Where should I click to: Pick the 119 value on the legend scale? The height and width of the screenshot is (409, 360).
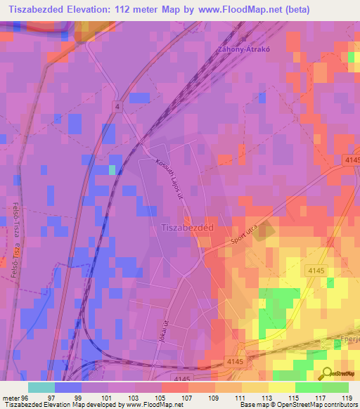[x=347, y=397]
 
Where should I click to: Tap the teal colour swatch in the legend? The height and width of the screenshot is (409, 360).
[x=41, y=387]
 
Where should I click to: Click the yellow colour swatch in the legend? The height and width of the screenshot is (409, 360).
[x=282, y=387]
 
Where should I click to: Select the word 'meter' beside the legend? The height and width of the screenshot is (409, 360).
[x=11, y=397]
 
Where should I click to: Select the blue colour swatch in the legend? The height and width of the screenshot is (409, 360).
[x=68, y=387]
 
